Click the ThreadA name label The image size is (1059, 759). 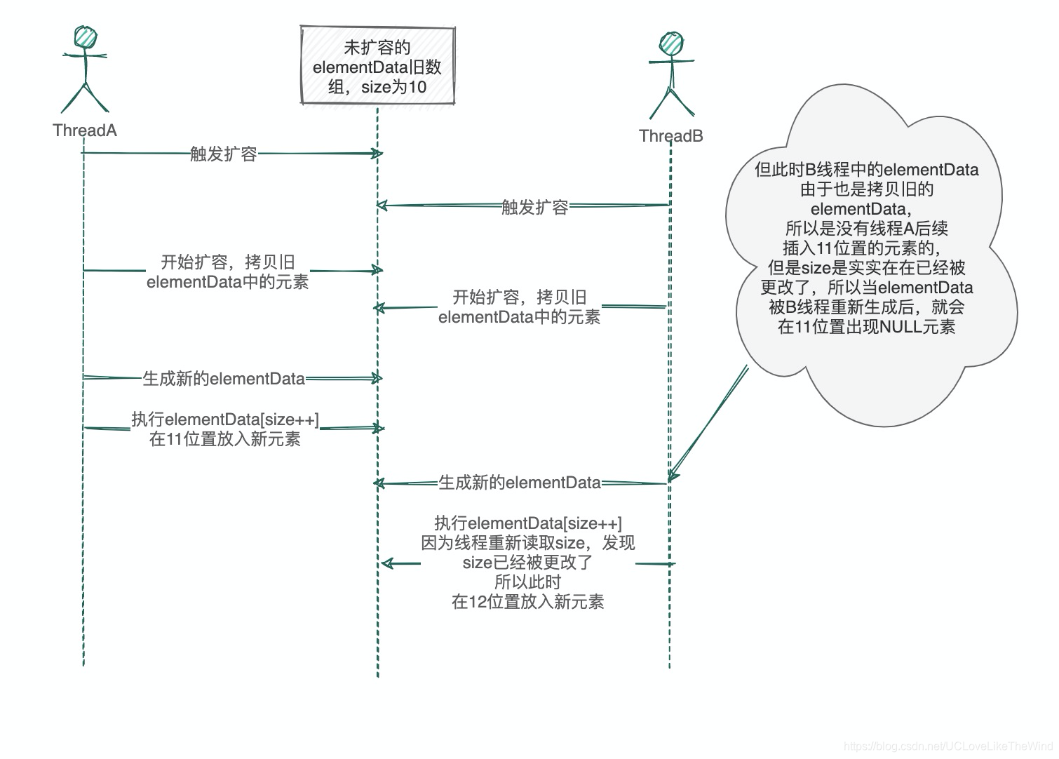point(85,130)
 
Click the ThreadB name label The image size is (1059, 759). point(670,136)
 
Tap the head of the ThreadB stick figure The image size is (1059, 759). point(671,44)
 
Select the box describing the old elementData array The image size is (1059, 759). point(377,66)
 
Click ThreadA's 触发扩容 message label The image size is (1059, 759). point(223,154)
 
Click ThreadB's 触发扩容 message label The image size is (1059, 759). point(534,207)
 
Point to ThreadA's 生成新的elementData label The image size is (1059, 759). point(224,379)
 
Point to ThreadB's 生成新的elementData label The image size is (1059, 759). point(520,483)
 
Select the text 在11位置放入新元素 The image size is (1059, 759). point(225,439)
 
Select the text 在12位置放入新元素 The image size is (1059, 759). point(527,602)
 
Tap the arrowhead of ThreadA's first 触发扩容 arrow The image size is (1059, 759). point(378,154)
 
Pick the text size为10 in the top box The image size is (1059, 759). point(393,87)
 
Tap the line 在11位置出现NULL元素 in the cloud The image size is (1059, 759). point(866,327)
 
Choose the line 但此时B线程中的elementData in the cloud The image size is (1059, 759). point(866,170)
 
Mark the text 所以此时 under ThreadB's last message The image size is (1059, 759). point(527,582)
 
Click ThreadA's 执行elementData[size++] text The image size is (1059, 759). point(225,419)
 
